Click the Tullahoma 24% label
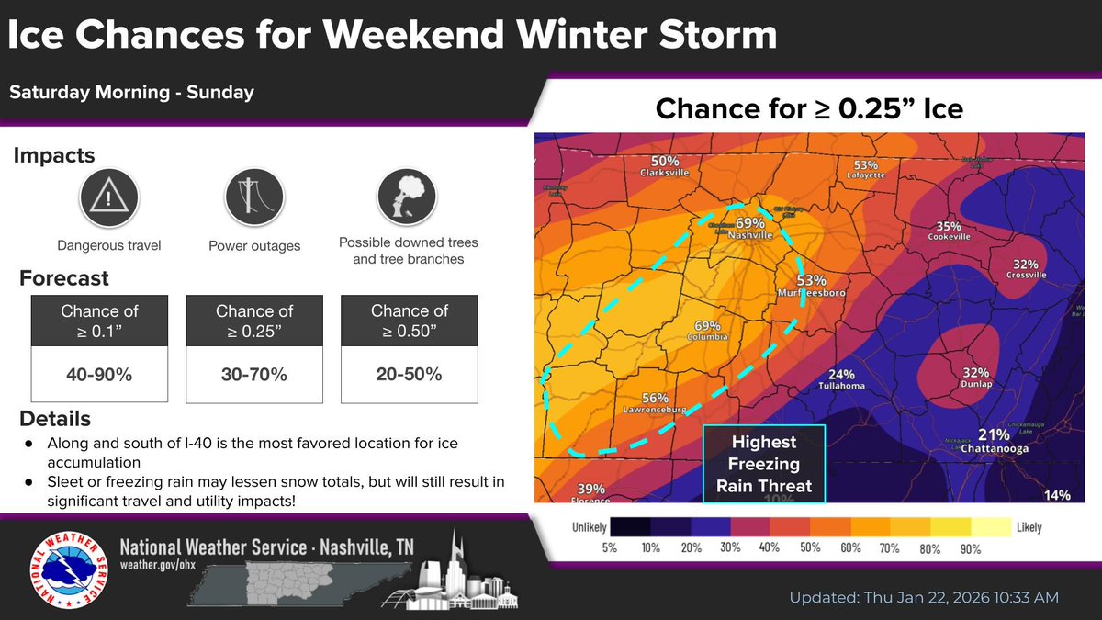[841, 379]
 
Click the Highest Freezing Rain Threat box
[764, 464]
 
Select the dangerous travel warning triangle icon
[108, 197]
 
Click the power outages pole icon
[253, 197]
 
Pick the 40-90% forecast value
[98, 374]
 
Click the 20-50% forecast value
[409, 374]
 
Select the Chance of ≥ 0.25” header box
[253, 321]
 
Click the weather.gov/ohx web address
[160, 563]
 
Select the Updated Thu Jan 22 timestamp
[924, 597]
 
